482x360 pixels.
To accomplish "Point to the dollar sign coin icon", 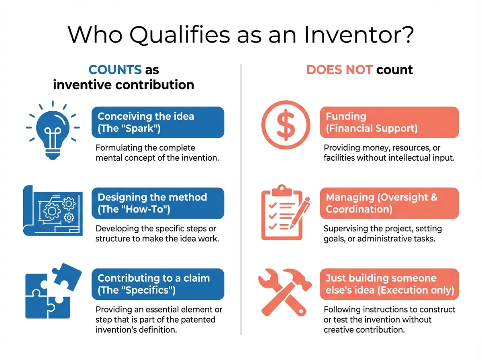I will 286,123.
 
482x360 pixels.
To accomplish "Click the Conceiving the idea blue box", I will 157,122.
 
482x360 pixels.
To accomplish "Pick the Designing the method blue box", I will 157,203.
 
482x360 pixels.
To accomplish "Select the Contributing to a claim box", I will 157,284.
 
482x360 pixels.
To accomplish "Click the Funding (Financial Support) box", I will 389,122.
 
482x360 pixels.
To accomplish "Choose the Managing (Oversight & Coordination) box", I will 389,203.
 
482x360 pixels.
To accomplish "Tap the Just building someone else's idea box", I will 389,284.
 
